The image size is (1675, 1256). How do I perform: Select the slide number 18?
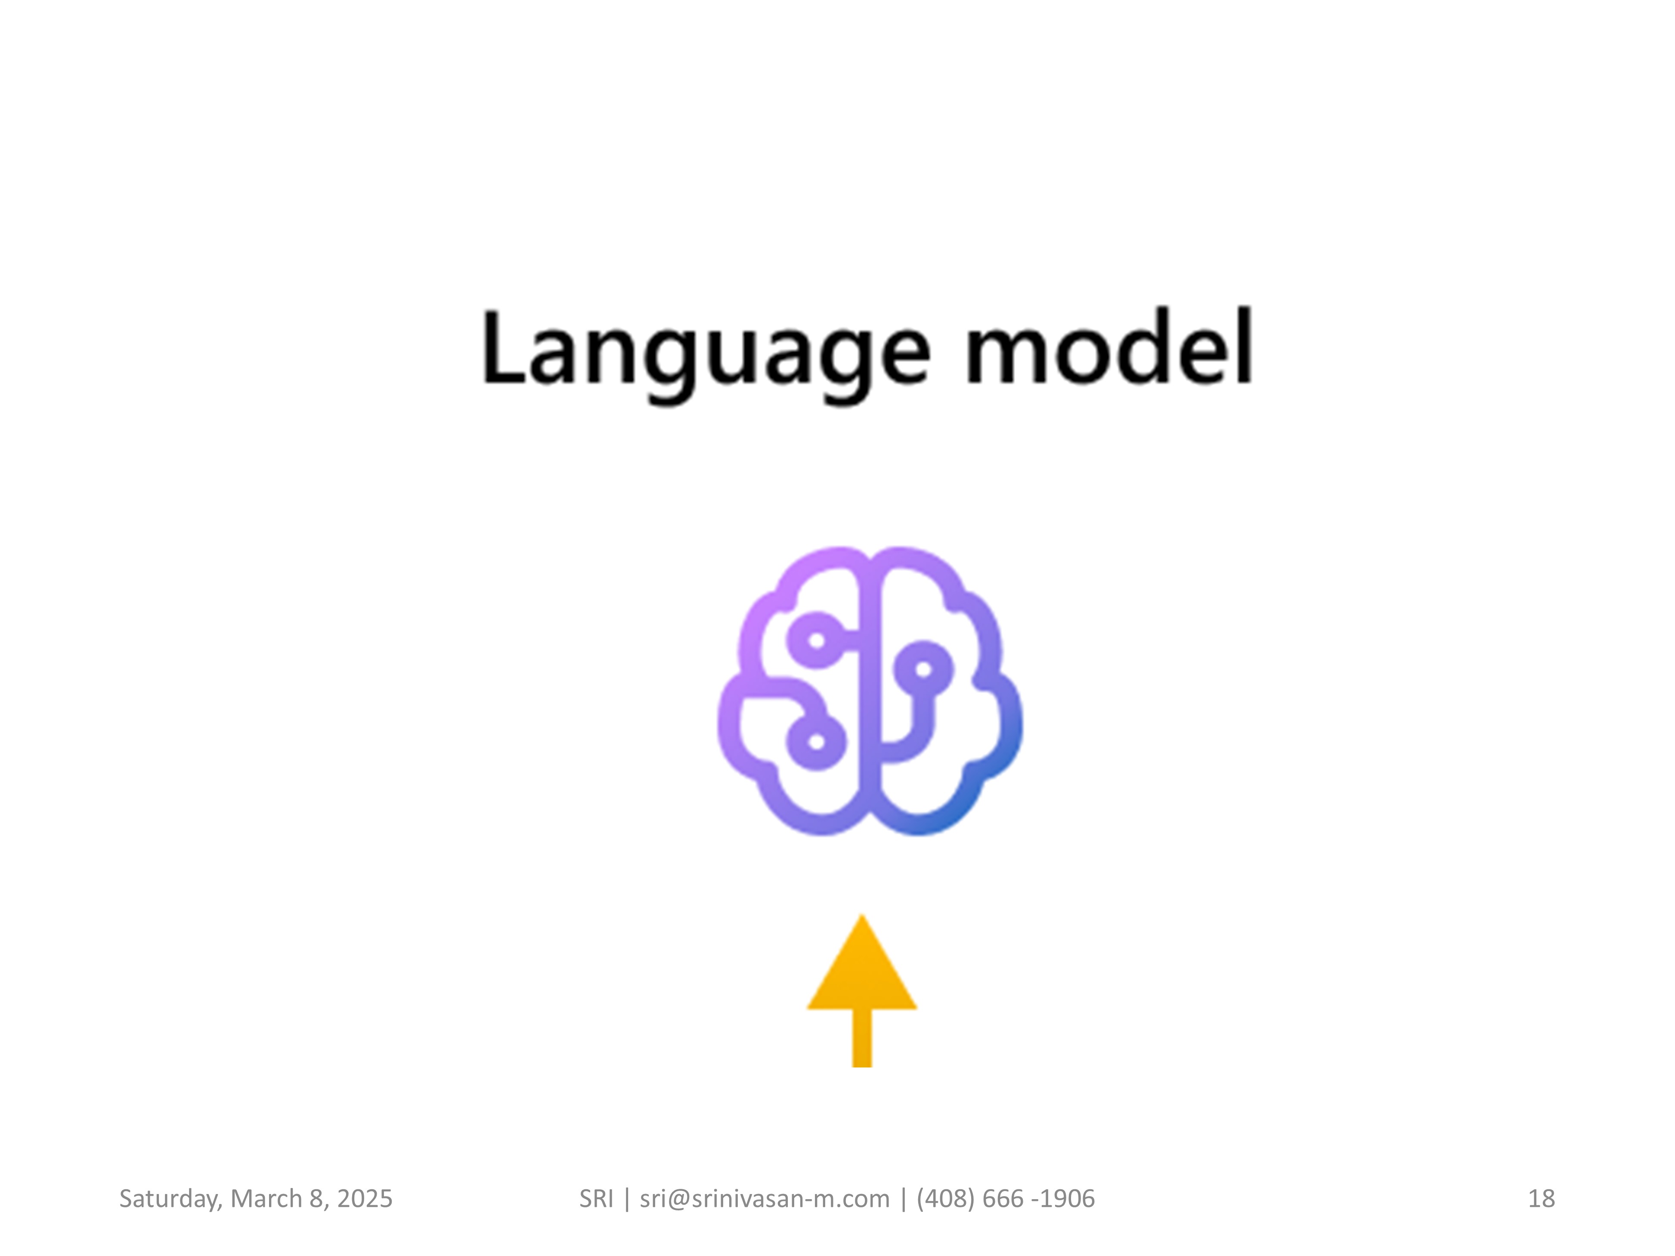click(1542, 1198)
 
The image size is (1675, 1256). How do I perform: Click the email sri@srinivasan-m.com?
click(765, 1198)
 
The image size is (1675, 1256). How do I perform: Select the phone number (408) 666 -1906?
click(1006, 1198)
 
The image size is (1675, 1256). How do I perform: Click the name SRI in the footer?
click(596, 1198)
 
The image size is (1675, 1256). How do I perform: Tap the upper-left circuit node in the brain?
click(815, 640)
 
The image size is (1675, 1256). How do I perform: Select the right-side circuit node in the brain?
click(923, 669)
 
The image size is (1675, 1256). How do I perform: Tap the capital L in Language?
click(505, 347)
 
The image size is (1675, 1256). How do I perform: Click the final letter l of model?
click(1244, 346)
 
